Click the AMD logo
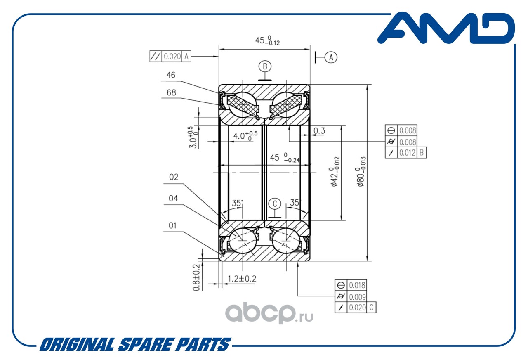(x=446, y=28)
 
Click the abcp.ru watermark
(x=269, y=313)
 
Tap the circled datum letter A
(x=331, y=57)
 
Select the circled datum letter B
(x=265, y=66)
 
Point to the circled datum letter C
(x=275, y=204)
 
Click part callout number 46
(x=171, y=75)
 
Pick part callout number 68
(x=171, y=92)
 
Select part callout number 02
(x=174, y=177)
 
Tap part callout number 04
(x=173, y=198)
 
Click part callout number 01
(x=172, y=225)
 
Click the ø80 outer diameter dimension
(x=361, y=171)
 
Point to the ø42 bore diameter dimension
(x=335, y=171)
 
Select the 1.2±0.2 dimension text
(x=242, y=279)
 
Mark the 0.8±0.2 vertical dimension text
(x=196, y=277)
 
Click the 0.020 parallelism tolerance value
(x=172, y=57)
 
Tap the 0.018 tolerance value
(x=357, y=285)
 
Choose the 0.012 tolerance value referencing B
(x=407, y=153)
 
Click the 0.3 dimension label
(x=319, y=130)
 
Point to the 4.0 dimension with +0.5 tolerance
(x=245, y=136)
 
